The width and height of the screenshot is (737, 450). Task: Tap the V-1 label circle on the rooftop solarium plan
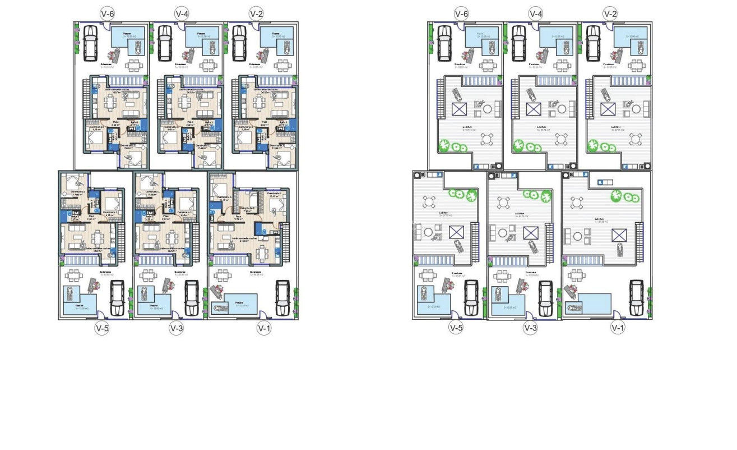[617, 328]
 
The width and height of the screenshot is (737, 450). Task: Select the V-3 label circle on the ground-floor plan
[176, 328]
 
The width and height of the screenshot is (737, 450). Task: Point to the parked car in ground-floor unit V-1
[282, 297]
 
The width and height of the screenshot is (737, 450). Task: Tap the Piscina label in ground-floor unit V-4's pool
[201, 34]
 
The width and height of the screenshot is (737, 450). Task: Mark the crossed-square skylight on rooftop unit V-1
[619, 235]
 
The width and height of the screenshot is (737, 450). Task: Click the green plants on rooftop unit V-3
[536, 195]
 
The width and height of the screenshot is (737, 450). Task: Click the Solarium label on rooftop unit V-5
[446, 213]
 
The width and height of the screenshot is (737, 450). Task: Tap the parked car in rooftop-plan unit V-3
[545, 298]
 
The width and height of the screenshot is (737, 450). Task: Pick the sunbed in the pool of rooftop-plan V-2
[638, 47]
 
